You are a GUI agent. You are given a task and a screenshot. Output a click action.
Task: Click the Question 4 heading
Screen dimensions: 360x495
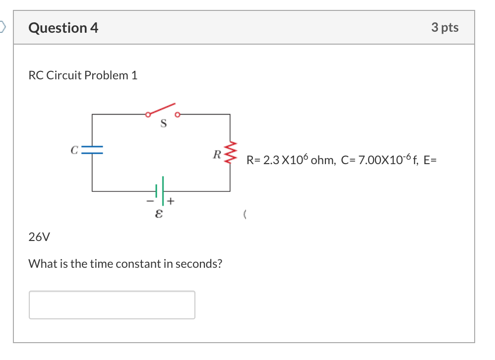[x=63, y=28]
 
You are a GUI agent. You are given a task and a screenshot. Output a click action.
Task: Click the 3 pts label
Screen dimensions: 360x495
[x=444, y=28]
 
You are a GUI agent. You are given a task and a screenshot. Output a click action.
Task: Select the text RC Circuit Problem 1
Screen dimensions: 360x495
[x=83, y=75]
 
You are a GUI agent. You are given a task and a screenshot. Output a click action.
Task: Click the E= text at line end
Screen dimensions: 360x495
[x=430, y=160]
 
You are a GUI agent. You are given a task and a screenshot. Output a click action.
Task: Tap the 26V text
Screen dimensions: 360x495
[x=39, y=237]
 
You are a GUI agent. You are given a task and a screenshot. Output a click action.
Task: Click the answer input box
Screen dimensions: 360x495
[x=112, y=304]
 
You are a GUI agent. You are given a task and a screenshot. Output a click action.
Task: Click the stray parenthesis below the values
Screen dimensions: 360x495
[x=246, y=214]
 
